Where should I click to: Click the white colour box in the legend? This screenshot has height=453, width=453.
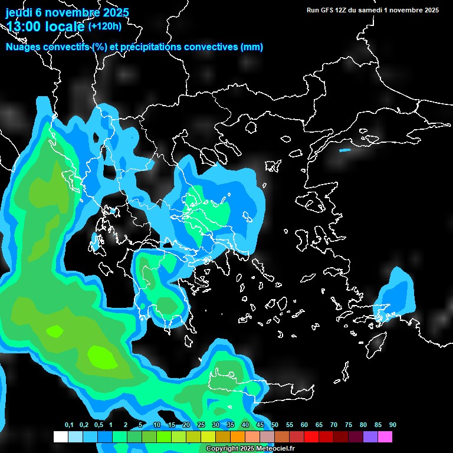click(60, 437)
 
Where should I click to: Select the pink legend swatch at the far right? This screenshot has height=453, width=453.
click(385, 437)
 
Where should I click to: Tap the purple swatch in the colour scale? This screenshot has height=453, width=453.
click(370, 437)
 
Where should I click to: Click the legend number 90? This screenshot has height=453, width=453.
click(393, 425)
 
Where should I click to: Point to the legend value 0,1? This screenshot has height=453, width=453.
click(69, 425)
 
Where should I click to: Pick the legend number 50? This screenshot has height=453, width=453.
click(275, 425)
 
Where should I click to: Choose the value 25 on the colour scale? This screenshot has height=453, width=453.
click(201, 425)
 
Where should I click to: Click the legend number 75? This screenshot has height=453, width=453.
click(349, 425)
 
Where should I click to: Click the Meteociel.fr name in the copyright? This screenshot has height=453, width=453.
click(275, 449)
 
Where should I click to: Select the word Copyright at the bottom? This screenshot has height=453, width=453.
click(221, 449)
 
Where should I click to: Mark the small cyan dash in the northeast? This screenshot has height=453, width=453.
click(344, 150)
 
